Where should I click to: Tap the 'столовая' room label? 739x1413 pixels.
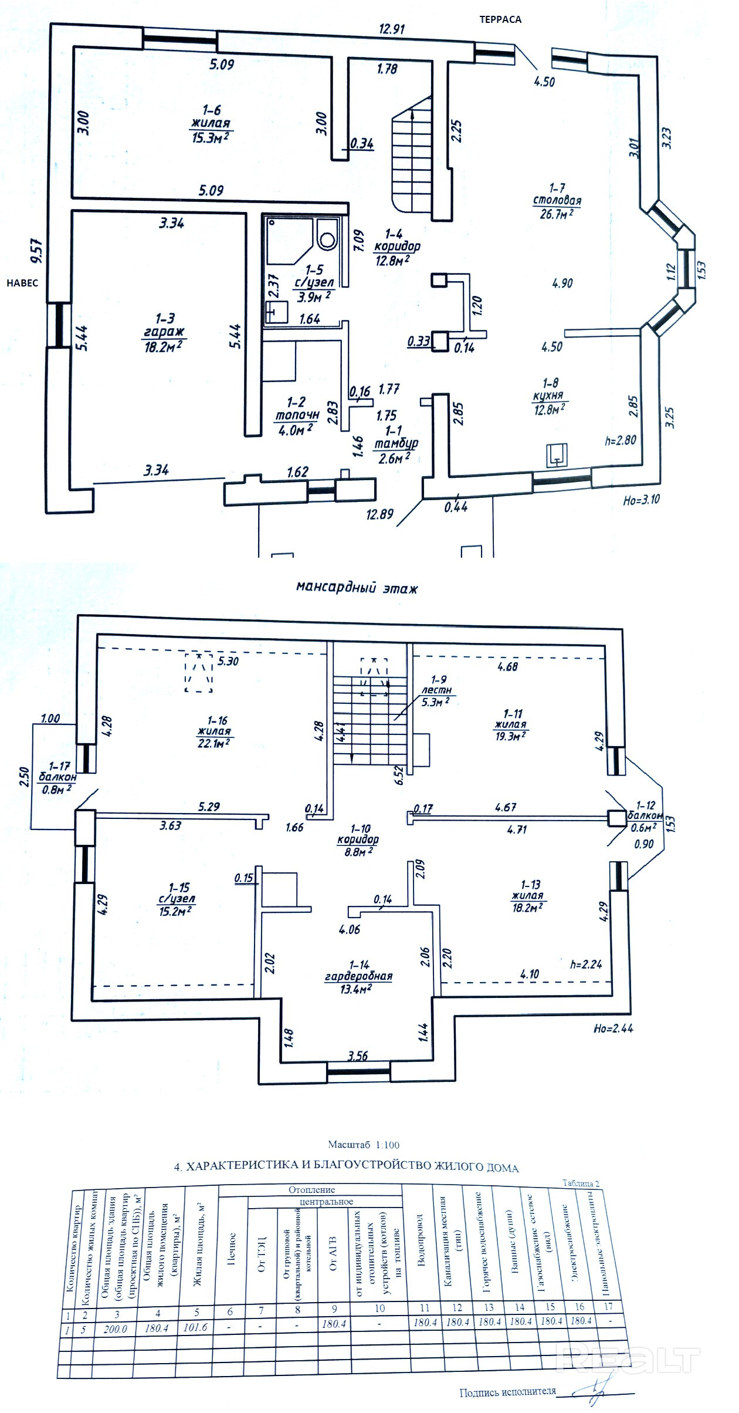557,201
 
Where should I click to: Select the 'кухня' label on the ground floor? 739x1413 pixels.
548,396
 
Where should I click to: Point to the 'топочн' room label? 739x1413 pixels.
297,416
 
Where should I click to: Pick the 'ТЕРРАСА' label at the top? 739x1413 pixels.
500,19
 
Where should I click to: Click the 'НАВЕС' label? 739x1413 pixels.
22,283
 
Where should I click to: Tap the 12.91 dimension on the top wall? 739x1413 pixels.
392,29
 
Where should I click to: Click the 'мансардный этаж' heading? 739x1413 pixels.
357,588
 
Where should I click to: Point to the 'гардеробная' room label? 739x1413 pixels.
359,976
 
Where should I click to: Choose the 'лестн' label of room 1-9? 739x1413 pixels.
437,691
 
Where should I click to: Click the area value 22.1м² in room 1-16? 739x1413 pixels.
213,743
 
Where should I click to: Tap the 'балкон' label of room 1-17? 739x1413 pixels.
57,777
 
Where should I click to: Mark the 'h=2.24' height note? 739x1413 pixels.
586,963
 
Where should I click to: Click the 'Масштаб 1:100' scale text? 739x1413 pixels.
364,1144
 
